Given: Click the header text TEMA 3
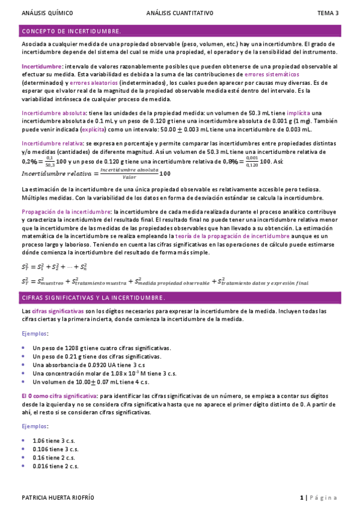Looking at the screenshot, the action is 328,13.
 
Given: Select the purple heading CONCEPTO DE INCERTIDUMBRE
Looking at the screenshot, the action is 71,31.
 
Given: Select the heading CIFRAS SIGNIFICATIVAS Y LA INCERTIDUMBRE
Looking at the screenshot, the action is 93,298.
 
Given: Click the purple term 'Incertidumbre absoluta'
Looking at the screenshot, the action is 53,112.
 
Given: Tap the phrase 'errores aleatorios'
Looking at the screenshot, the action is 94,82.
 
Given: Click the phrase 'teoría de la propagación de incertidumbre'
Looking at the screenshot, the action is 219,236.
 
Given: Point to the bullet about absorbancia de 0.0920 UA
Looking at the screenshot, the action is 91,364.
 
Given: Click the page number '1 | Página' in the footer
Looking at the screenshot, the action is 319,498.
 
